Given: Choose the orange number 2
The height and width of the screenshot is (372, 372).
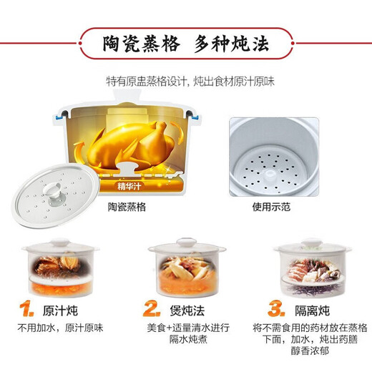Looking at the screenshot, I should pos(151,309).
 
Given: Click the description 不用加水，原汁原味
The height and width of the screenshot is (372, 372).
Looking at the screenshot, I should pos(61,328).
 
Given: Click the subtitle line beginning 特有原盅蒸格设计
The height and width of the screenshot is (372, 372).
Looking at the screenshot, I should pos(185,81).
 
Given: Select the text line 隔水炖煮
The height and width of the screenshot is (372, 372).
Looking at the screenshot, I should pos(185,341).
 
